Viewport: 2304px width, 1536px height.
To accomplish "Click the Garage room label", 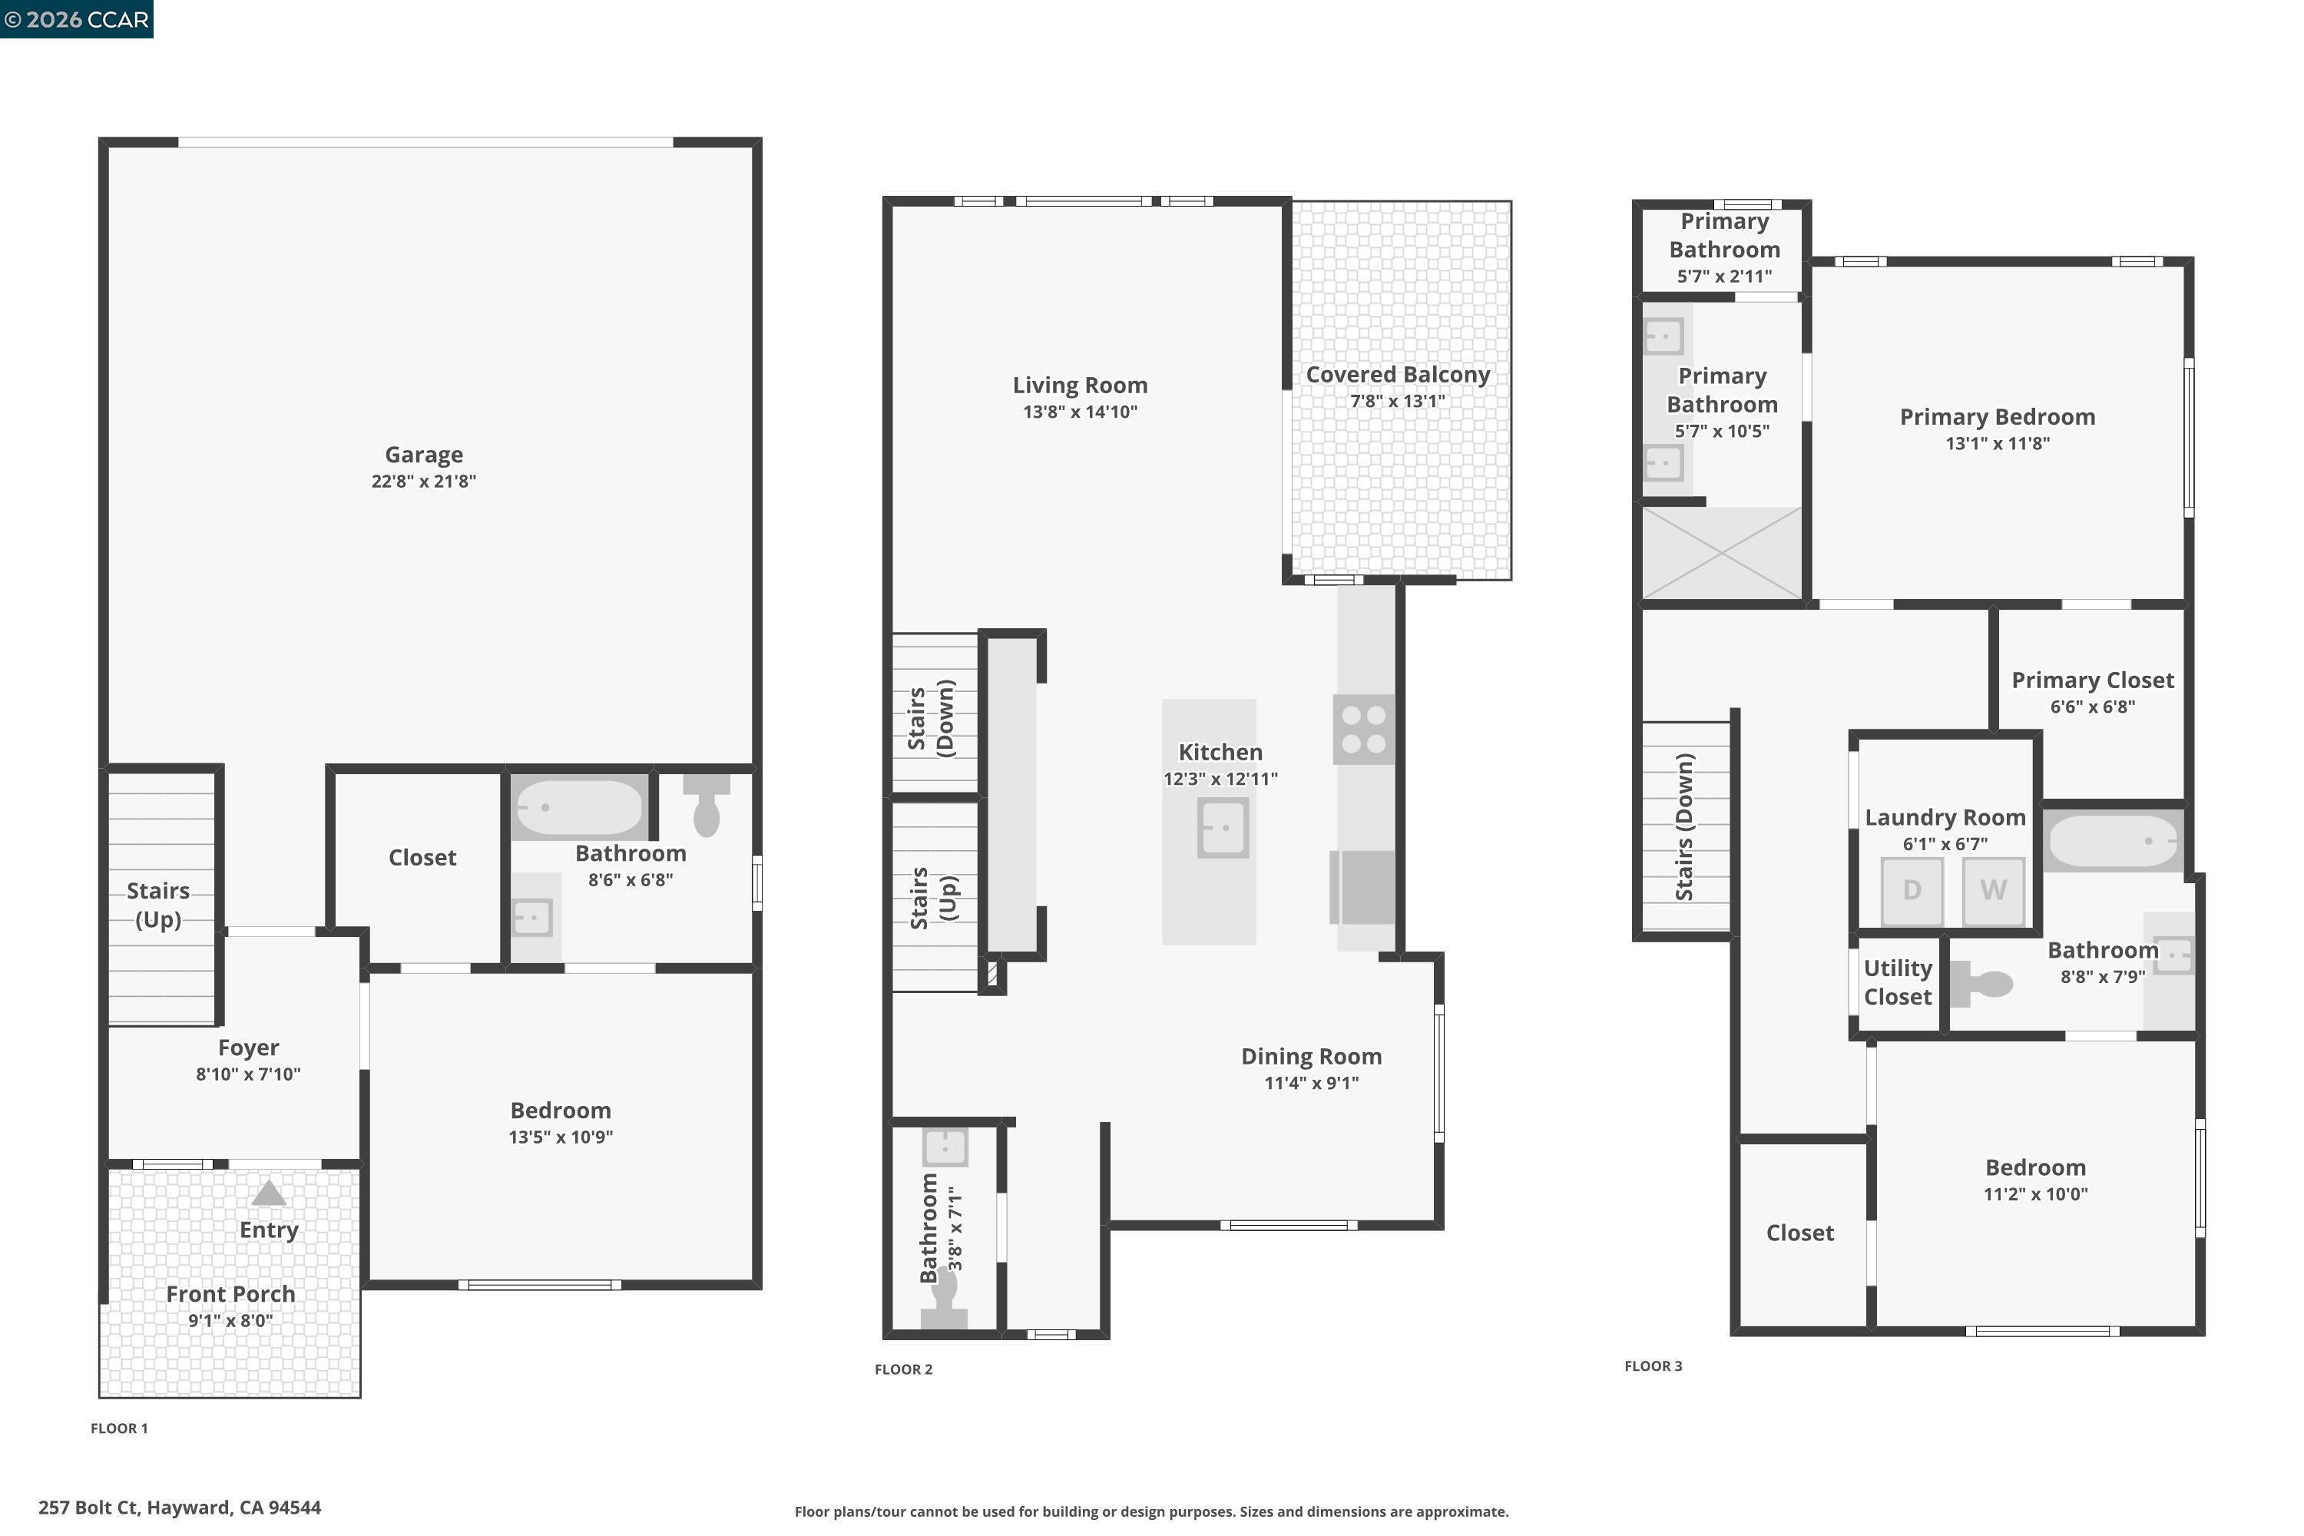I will tap(423, 455).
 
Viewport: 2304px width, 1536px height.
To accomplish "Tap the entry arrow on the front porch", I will tap(268, 1193).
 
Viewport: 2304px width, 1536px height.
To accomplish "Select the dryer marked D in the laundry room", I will tap(1912, 890).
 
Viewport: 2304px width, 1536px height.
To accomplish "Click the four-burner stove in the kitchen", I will tap(1362, 730).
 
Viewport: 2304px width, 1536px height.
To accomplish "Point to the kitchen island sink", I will tap(1223, 828).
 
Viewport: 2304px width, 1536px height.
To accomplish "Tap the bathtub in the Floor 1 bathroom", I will tap(578, 807).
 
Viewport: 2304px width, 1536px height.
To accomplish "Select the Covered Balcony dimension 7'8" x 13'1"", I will tap(1397, 402).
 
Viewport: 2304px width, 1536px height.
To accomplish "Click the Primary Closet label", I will tap(2092, 680).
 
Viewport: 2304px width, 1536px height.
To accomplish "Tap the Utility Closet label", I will tap(1898, 982).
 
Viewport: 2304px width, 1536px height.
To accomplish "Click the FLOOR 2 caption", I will tap(903, 1369).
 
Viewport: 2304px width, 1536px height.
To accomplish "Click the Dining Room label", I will tap(1311, 1057).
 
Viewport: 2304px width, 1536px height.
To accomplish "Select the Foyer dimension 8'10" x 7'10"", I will tap(248, 1074).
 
